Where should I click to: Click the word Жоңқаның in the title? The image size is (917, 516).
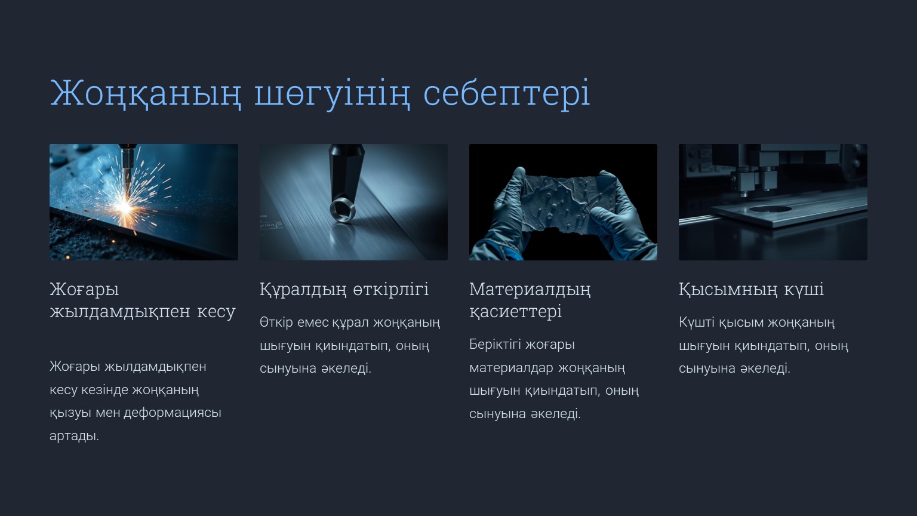(146, 94)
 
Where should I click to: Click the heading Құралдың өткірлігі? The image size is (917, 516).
(344, 290)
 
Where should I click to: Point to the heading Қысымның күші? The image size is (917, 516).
(751, 290)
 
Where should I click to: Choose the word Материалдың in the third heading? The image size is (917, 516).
(530, 290)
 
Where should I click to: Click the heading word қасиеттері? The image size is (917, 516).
(515, 312)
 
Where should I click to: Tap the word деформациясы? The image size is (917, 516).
(173, 413)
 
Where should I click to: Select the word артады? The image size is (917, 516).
(74, 436)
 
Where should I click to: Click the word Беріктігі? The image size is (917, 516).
(496, 345)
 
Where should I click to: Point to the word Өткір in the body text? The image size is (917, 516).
(276, 322)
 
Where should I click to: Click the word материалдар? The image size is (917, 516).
(512, 368)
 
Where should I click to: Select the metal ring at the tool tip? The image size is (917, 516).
(343, 210)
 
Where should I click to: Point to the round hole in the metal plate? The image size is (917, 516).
(771, 209)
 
